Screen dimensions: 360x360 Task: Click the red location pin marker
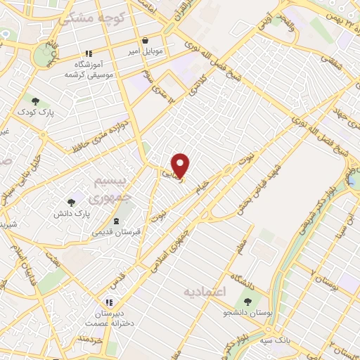(x=181, y=165)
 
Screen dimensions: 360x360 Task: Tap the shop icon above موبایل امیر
(x=145, y=40)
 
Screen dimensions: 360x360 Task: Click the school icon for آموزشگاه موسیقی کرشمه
(x=88, y=53)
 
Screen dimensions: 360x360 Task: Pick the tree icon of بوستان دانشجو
(x=247, y=300)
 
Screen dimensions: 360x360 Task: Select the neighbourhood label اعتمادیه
(x=204, y=290)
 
